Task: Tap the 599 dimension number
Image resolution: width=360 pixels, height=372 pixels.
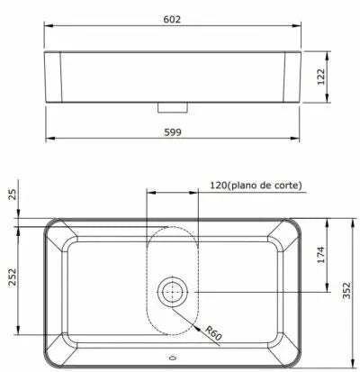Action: [172, 130]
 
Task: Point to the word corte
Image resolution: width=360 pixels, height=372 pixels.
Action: [286, 186]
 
